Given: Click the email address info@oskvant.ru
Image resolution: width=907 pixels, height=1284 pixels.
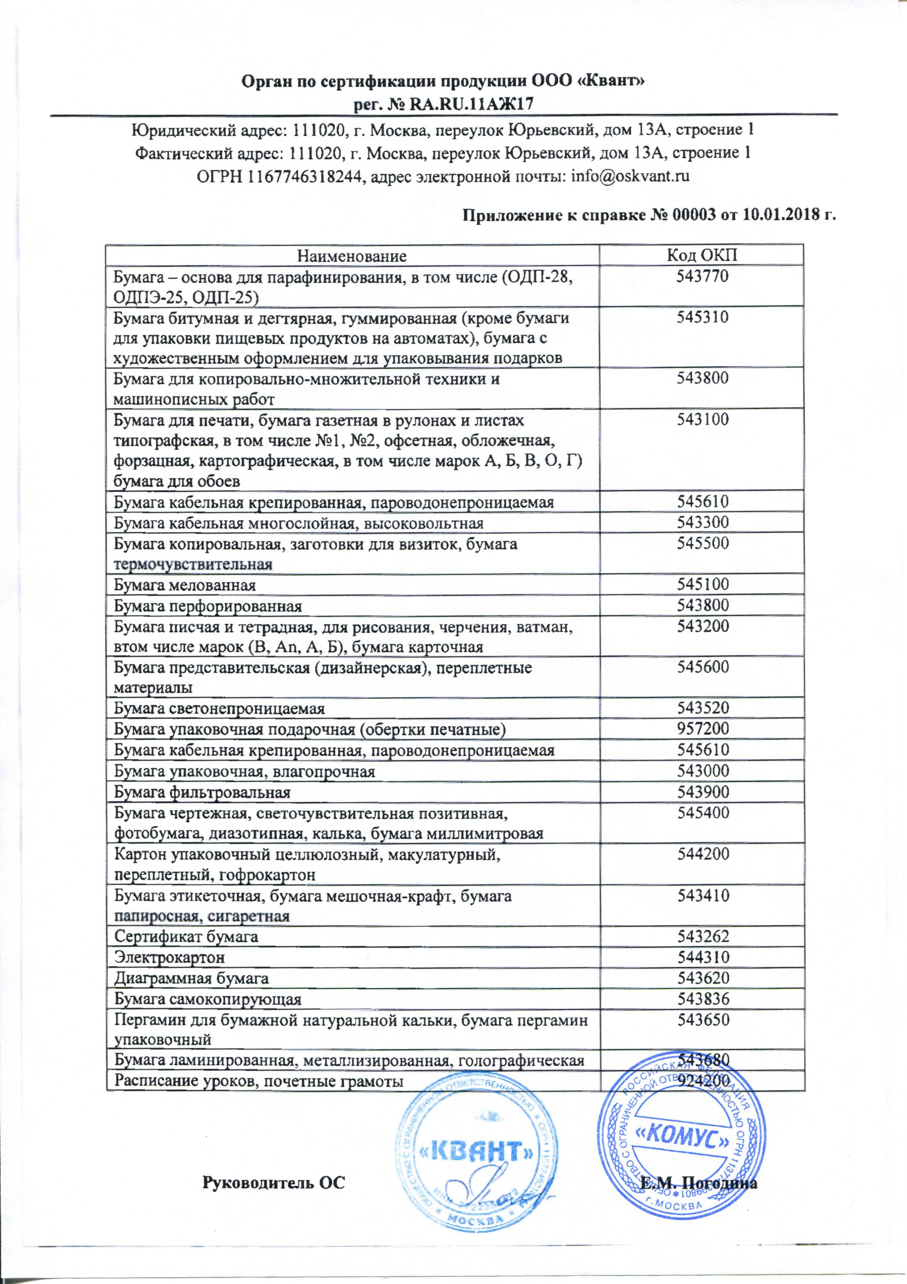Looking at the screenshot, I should pyautogui.click(x=629, y=176).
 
